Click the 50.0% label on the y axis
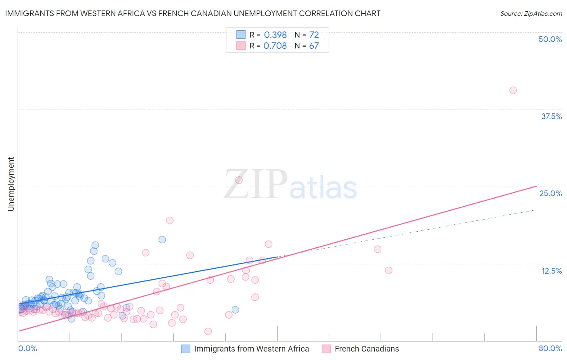tap(550, 39)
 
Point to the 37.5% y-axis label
tap(551, 116)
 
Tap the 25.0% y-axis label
tap(550, 193)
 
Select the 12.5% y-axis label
tap(551, 271)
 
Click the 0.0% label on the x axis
tap(27, 348)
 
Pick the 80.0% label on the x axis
tap(550, 348)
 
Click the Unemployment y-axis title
tap(11, 184)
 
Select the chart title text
tap(193, 13)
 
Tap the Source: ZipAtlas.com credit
tap(531, 13)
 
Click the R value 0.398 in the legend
tap(275, 35)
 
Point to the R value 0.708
tap(275, 46)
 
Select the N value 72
tap(314, 35)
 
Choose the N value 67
tap(314, 46)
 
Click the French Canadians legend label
tap(367, 349)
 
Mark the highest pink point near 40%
tap(513, 90)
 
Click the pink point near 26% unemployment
tap(239, 180)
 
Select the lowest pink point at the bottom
tap(208, 331)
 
